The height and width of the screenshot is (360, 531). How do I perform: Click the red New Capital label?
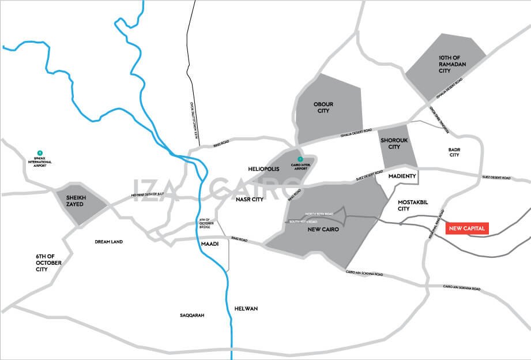[467, 228]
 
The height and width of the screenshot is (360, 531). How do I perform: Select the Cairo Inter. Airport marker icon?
[299, 159]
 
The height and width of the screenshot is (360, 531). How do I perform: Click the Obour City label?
[323, 107]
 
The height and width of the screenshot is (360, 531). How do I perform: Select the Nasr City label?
[249, 200]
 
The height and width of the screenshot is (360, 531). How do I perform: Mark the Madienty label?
[402, 176]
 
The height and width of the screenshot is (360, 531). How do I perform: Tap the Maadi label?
[208, 244]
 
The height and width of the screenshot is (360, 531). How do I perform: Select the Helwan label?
[246, 309]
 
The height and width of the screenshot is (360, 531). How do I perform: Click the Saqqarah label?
[192, 316]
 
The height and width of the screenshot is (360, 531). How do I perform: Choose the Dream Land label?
[109, 242]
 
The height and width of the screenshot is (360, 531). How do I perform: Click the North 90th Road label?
[319, 214]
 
